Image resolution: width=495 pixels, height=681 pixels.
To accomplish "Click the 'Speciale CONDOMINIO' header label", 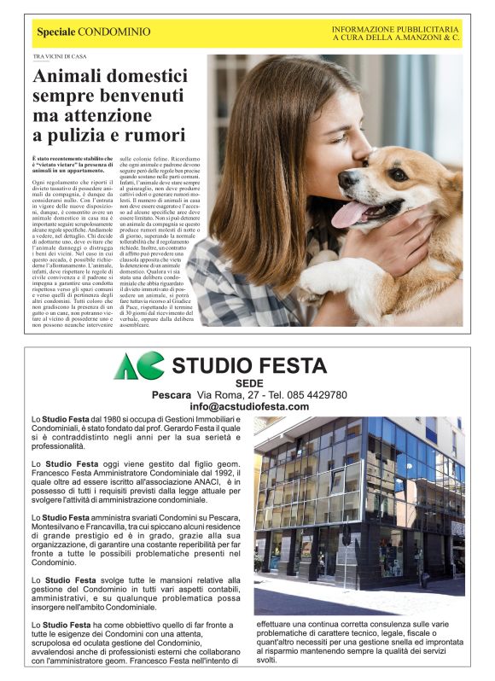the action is tap(93, 32).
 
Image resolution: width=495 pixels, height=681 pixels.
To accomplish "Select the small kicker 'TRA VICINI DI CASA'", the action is tap(60, 57).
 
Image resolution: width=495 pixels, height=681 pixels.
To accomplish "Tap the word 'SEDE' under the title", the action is tap(248, 383).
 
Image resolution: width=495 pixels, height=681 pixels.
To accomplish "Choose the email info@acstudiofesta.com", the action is tap(249, 407).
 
